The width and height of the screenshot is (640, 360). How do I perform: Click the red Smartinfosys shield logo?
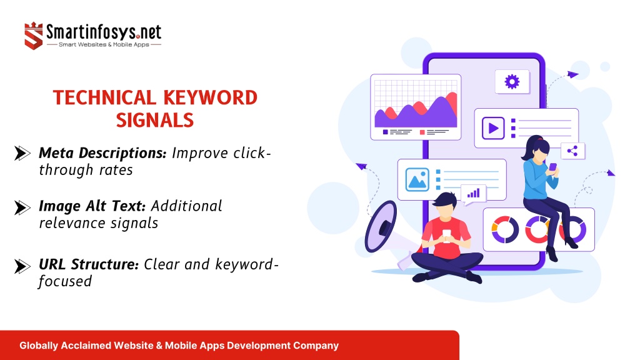34,36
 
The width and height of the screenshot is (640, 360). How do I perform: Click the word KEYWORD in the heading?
210,98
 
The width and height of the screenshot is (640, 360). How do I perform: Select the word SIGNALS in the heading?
155,121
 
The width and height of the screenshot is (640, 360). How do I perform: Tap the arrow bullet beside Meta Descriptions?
22,154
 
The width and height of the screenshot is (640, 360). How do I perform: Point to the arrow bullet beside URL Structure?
22,266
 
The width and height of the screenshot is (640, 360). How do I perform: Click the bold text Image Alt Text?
92,206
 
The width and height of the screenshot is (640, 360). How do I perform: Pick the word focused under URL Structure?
65,281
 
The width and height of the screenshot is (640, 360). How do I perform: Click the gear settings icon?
512,82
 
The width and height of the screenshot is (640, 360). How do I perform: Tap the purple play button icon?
493,128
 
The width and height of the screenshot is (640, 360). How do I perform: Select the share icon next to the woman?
572,151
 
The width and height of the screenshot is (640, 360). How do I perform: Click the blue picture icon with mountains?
417,179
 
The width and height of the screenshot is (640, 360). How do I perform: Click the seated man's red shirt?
446,237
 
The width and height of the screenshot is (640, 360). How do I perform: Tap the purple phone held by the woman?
552,166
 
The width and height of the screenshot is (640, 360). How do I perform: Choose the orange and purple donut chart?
505,230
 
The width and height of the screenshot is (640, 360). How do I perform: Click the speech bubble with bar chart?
474,194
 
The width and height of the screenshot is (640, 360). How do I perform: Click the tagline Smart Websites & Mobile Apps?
104,44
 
